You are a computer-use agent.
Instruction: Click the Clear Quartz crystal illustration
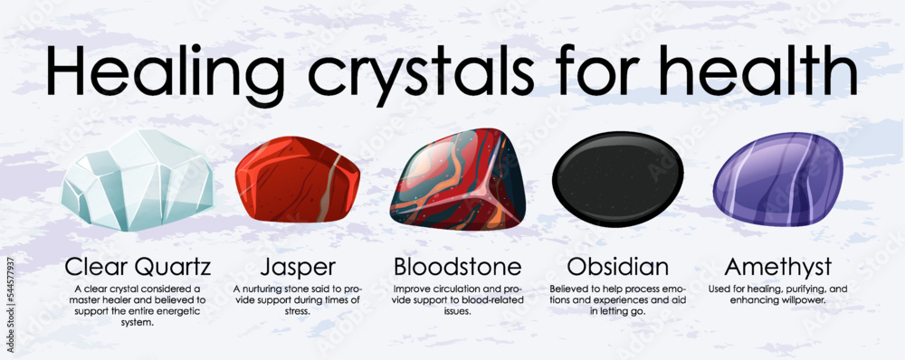click(138, 180)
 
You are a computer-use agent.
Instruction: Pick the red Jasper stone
click(297, 180)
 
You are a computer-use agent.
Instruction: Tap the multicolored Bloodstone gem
click(457, 181)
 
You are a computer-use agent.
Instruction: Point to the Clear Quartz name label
click(138, 267)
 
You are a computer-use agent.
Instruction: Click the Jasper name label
click(296, 267)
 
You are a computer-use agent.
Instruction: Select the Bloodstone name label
click(457, 267)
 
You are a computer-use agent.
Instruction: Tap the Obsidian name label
click(618, 267)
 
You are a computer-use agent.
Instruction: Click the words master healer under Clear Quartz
click(109, 300)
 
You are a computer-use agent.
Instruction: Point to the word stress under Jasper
click(296, 312)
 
